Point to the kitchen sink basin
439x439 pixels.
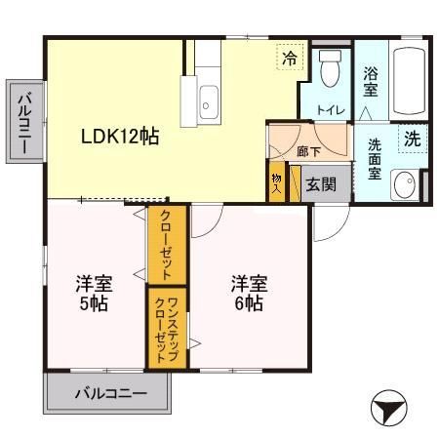coord(209,98)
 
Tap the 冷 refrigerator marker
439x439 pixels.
coord(289,59)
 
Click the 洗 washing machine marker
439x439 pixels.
coord(413,139)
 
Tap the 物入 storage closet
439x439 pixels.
coord(276,183)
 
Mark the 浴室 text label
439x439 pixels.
coord(371,80)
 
